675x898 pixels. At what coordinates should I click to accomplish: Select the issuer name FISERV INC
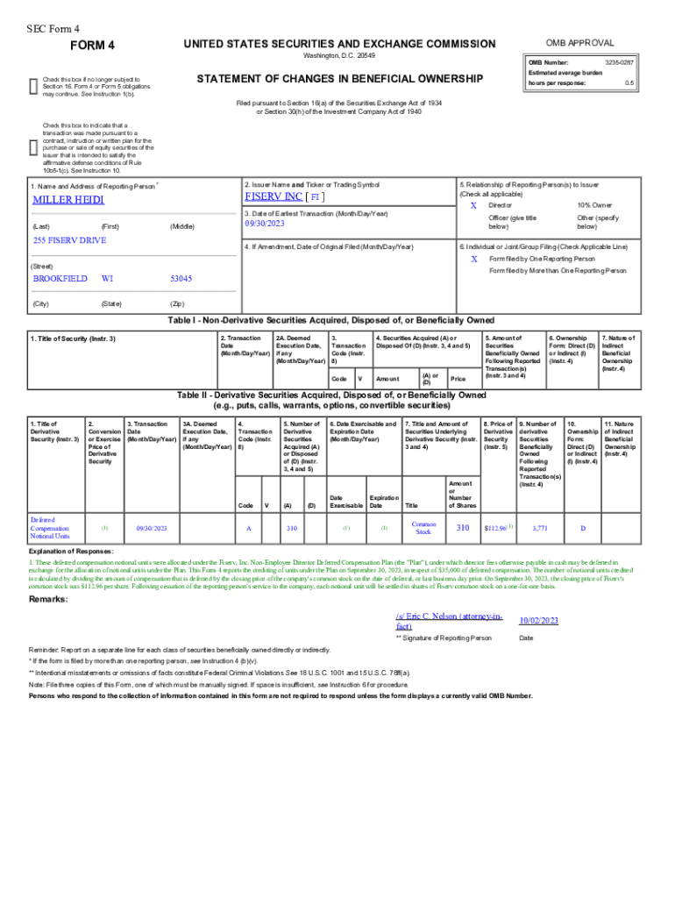(x=274, y=196)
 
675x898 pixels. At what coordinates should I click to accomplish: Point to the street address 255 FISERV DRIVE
(x=69, y=240)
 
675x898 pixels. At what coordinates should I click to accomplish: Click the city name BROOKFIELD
(x=60, y=278)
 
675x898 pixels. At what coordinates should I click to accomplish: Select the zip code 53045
(x=181, y=278)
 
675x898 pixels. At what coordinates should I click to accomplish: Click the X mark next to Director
(x=473, y=204)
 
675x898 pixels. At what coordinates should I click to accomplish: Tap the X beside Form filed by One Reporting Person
(x=473, y=260)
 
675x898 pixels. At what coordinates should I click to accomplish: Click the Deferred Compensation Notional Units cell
(x=50, y=528)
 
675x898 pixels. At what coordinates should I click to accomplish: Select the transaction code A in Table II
(x=249, y=528)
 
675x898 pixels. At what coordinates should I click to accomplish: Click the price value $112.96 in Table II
(x=496, y=528)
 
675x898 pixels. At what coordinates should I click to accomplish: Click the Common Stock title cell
(x=423, y=527)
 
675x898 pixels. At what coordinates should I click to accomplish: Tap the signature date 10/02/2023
(x=538, y=620)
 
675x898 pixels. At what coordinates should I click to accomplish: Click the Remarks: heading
(x=50, y=599)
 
